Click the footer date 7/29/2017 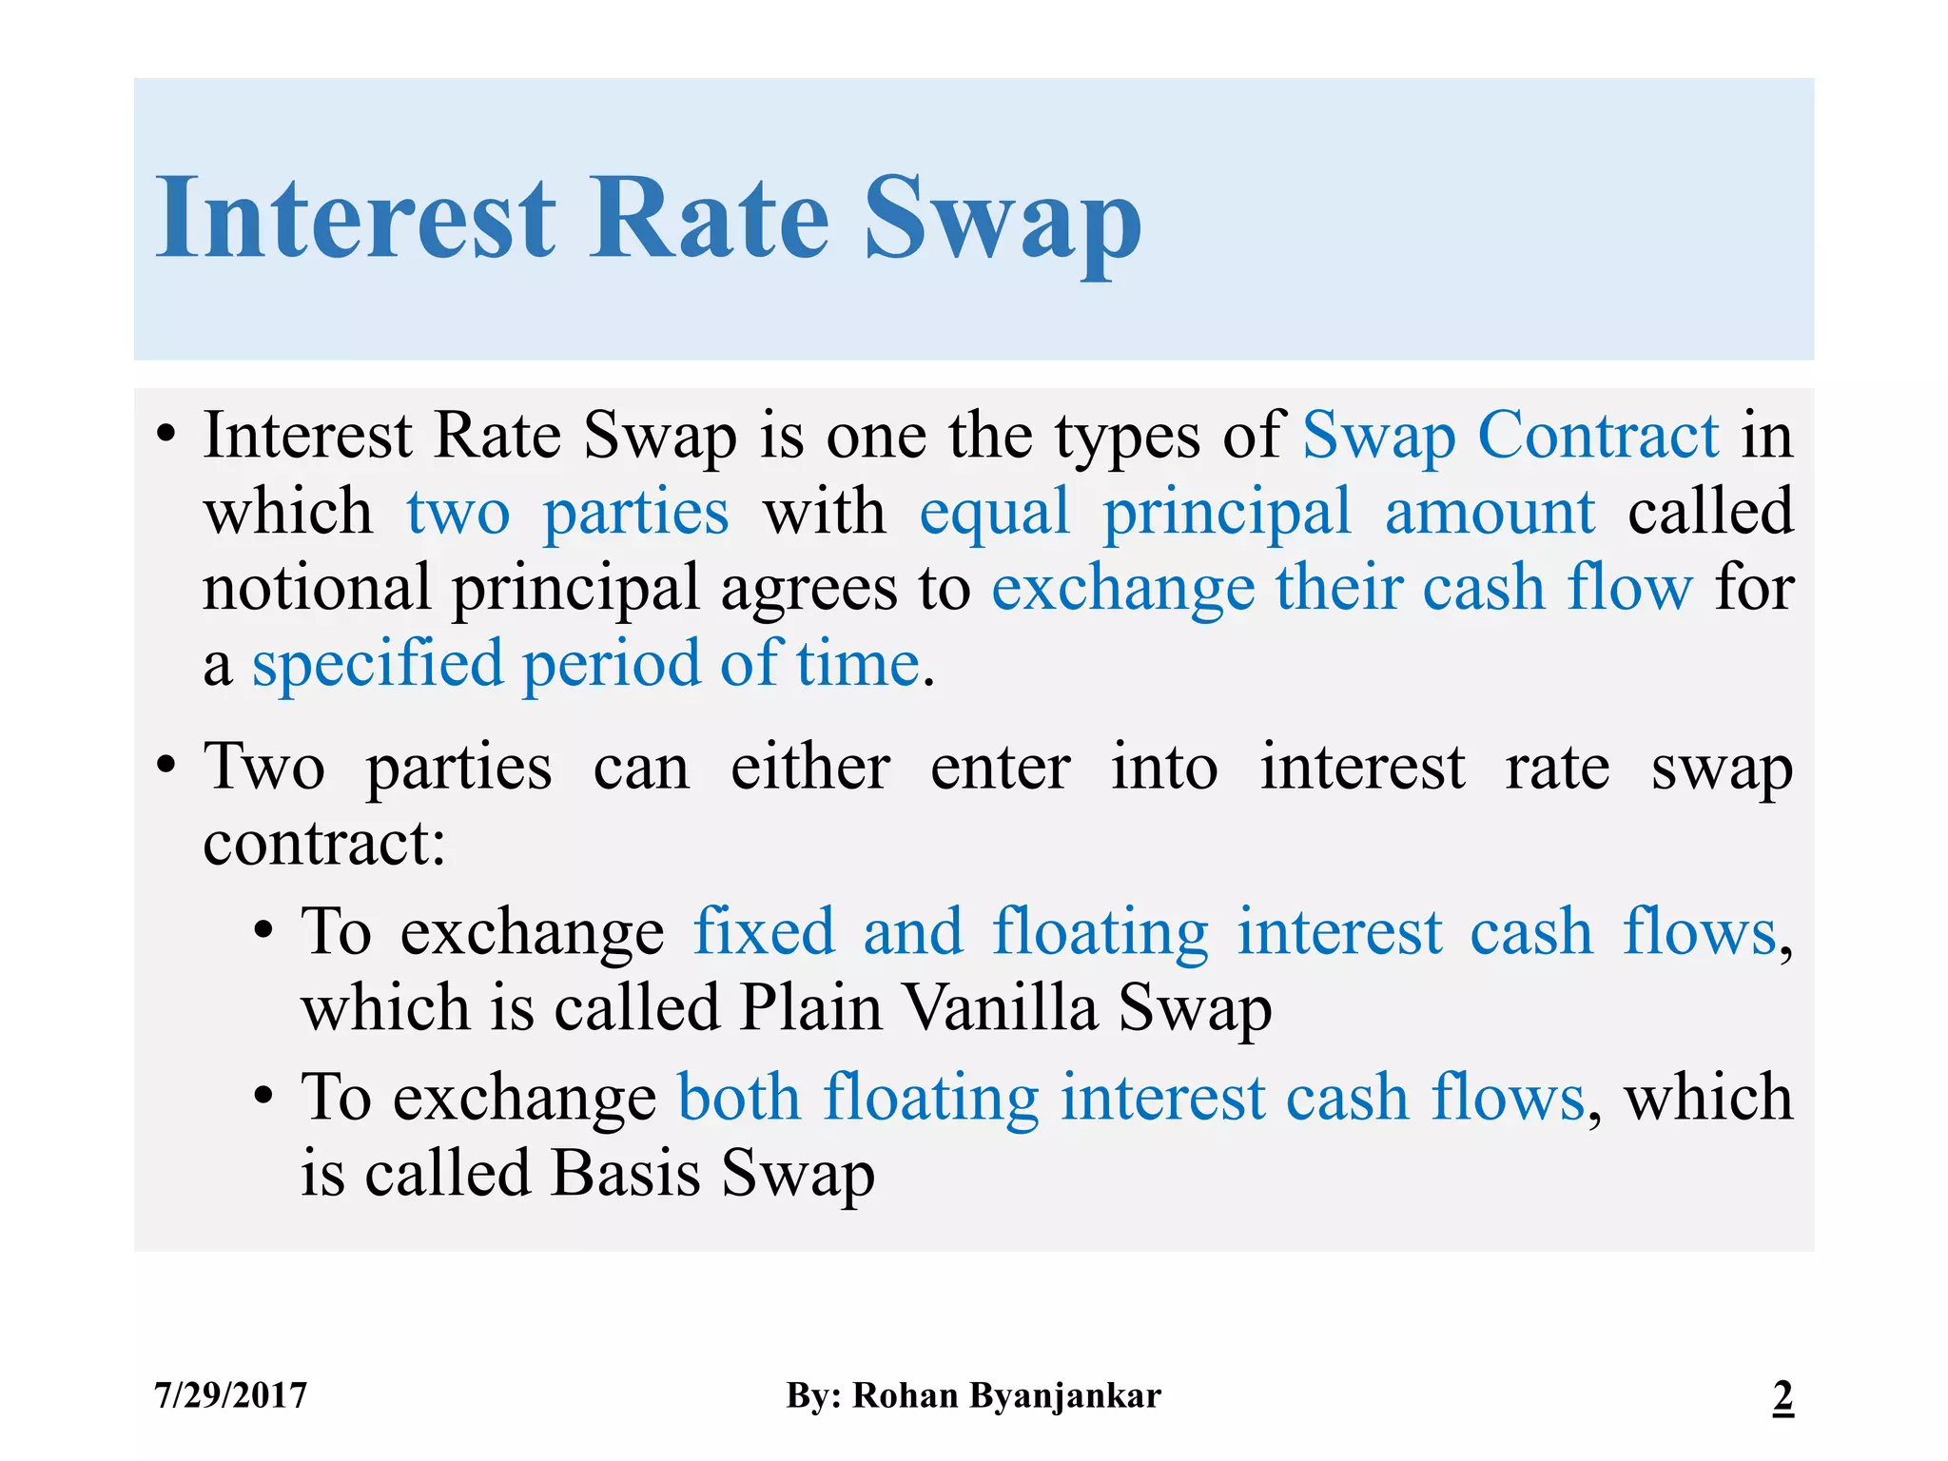click(231, 1395)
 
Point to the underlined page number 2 click(1782, 1395)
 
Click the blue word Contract click(1598, 436)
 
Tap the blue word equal click(994, 512)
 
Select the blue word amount click(1490, 512)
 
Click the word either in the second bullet click(810, 767)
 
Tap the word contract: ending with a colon click(324, 843)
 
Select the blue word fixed click(764, 930)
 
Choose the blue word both click(739, 1097)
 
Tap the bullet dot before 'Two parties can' click(166, 764)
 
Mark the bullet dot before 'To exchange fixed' click(264, 930)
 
